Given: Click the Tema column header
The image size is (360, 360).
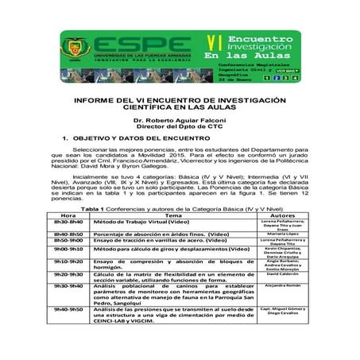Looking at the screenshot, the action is pyautogui.click(x=172, y=215).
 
